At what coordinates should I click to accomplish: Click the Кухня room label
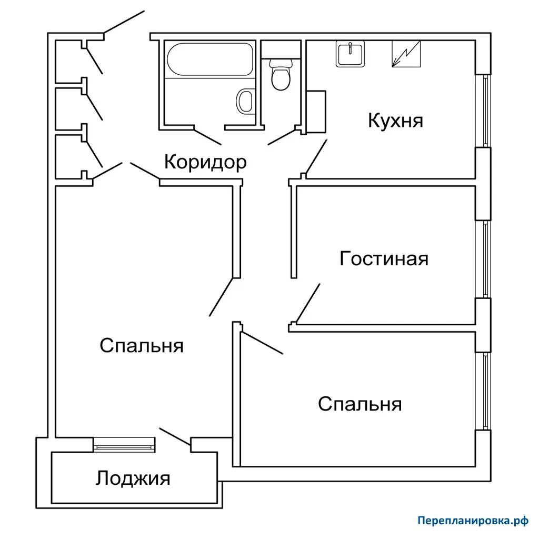395,121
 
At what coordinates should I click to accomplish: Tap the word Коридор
205,162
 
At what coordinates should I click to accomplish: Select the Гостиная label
384,259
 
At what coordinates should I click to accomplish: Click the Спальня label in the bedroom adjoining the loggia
141,346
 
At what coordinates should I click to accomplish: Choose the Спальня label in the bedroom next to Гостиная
360,404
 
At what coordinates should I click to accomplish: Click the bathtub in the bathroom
209,61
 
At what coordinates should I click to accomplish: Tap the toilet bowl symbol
280,75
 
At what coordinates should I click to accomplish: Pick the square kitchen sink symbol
350,55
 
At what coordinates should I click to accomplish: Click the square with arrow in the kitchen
406,54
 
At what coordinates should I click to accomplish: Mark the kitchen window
486,111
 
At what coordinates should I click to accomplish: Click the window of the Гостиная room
486,259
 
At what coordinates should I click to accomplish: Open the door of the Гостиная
308,302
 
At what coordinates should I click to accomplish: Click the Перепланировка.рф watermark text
472,521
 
